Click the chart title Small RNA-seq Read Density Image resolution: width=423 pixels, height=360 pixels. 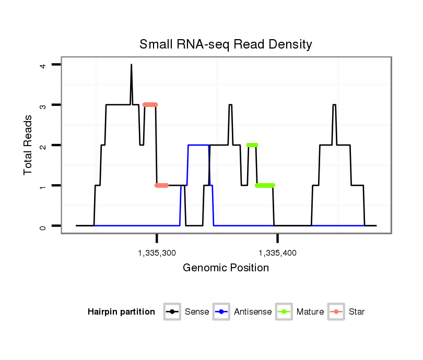pos(226,44)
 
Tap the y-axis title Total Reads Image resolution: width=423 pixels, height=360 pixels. pos(28,145)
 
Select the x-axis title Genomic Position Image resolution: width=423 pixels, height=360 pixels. pos(226,268)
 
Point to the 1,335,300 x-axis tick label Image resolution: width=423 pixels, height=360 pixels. pos(157,253)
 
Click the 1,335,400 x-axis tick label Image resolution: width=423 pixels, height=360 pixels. pos(277,253)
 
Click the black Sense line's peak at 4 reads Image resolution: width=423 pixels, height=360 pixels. pos(131,65)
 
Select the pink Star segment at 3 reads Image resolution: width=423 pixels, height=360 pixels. pos(150,105)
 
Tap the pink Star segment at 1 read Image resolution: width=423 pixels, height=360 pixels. pos(161,185)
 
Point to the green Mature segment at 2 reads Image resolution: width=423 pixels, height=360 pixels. pos(252,145)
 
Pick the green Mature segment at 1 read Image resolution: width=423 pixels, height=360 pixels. pos(265,185)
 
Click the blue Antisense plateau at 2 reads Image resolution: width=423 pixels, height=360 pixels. pos(198,145)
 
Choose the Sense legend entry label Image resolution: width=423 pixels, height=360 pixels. pos(197,312)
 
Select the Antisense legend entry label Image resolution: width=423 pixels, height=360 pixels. pos(253,312)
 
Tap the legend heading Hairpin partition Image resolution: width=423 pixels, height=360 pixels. pos(121,312)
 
